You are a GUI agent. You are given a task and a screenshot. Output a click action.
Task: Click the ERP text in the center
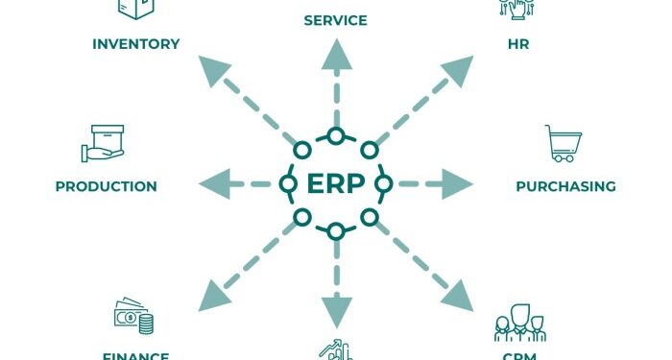tap(335, 183)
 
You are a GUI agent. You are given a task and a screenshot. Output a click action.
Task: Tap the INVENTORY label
tap(135, 43)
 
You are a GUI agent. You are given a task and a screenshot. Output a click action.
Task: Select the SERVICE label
tap(336, 19)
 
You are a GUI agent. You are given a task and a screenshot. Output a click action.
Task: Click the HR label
tap(518, 43)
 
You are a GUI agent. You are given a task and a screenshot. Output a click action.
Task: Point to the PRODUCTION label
tap(106, 186)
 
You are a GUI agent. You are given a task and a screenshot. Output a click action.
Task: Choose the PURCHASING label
tap(565, 186)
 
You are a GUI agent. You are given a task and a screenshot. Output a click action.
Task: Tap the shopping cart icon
tap(562, 144)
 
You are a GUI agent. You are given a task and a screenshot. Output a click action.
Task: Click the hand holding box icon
tap(103, 143)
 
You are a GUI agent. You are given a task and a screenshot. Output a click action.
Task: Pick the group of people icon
tap(519, 324)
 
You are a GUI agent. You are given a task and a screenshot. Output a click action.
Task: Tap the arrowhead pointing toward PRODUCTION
tap(212, 182)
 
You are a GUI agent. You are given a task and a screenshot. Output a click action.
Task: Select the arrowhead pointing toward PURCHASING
tap(459, 182)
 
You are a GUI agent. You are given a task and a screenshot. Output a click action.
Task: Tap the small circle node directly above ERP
tap(336, 135)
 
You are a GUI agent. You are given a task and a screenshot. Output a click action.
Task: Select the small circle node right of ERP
tap(383, 182)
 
